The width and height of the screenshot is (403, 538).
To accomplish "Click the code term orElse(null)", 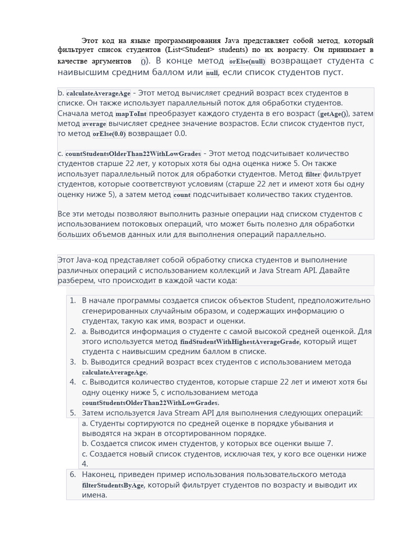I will (x=248, y=61).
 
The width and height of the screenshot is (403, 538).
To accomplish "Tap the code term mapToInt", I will (x=131, y=113).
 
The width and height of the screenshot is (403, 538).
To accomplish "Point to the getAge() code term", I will (x=333, y=113).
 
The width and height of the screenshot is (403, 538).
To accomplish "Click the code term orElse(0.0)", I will (x=109, y=134).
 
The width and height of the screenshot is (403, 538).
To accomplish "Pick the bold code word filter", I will (x=313, y=174).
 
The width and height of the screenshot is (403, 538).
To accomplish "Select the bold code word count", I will (x=182, y=195).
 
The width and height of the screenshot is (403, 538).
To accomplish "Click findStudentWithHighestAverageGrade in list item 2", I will (x=243, y=342).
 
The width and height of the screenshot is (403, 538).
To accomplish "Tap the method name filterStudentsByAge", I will (x=113, y=485).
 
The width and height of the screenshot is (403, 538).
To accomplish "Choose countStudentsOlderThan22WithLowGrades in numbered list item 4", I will (x=150, y=403).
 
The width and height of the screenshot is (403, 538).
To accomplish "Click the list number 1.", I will (x=72, y=301).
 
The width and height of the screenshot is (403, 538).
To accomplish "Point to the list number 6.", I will (x=72, y=474).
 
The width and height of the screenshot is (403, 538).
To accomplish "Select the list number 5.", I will (x=72, y=413).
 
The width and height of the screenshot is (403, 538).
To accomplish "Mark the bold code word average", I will (x=94, y=124).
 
